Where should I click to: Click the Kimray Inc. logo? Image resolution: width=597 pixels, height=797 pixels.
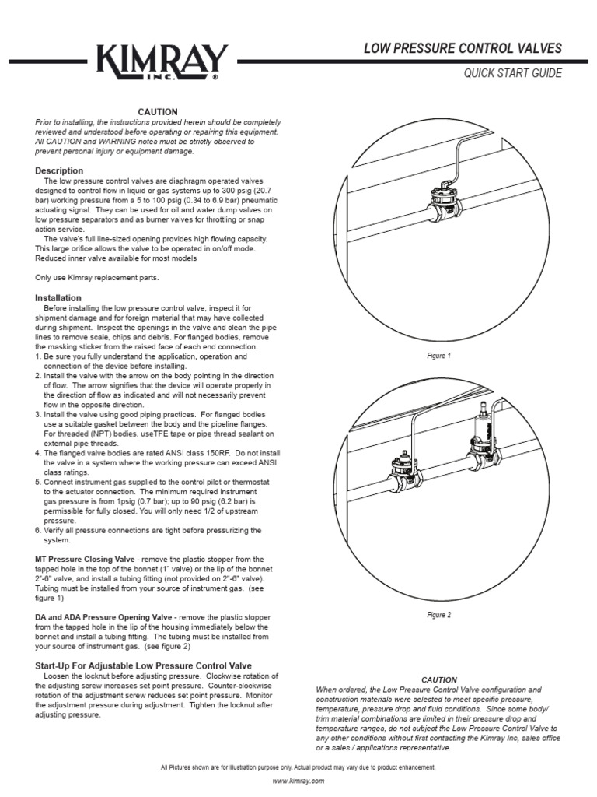[162, 61]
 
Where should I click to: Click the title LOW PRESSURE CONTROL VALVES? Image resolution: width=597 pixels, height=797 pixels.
[463, 48]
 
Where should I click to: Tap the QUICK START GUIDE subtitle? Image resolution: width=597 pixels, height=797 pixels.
[512, 73]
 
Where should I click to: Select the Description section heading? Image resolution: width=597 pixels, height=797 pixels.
[59, 170]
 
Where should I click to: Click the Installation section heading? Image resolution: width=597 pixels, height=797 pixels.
[58, 297]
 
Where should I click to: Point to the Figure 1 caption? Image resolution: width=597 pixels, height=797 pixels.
[438, 356]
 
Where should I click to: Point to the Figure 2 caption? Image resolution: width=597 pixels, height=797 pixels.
[438, 615]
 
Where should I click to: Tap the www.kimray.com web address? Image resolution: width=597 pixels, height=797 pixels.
[298, 780]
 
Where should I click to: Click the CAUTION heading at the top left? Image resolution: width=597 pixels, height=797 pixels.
[158, 112]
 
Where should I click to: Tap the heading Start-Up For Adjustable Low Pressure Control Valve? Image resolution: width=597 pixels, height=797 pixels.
[144, 666]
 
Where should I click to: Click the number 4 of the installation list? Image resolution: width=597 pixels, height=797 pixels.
[38, 452]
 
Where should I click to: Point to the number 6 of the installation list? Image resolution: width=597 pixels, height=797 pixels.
[38, 530]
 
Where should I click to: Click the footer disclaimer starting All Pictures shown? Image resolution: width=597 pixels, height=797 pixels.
[298, 767]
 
